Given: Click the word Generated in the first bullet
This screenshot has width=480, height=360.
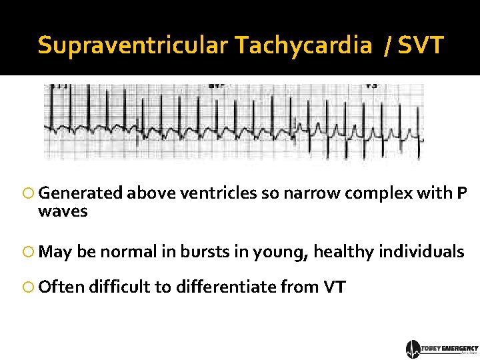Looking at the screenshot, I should (81, 193).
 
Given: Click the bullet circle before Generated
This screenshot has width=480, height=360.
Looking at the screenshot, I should (29, 194).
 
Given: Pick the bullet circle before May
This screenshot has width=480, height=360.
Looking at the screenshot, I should (29, 252).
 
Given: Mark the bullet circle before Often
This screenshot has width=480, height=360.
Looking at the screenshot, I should (29, 287).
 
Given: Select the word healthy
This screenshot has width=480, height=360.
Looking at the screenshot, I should (344, 252).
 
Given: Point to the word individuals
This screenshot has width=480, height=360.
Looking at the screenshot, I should (422, 252).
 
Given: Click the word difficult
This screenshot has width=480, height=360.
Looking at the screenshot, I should (119, 287).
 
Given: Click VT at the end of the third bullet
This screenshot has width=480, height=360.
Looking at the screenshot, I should (335, 287).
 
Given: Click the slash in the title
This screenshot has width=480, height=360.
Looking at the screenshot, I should (387, 45).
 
